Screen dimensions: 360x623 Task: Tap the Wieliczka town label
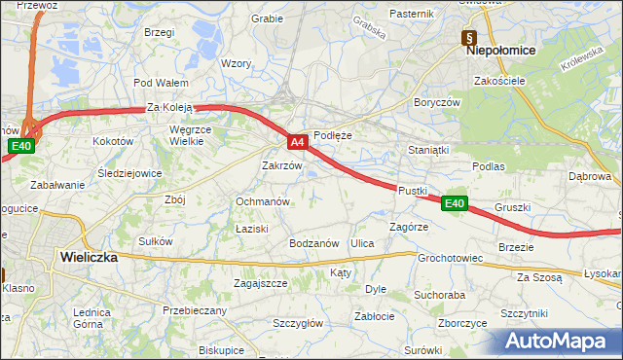[x=89, y=258]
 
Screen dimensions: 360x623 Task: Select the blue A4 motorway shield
[x=299, y=143]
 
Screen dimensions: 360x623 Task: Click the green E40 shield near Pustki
[x=454, y=203]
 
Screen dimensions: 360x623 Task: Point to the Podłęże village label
[x=333, y=136]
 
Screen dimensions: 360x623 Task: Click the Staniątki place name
[x=429, y=151]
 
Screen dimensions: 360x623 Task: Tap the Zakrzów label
[x=282, y=165]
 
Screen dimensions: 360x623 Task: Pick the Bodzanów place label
[x=312, y=243]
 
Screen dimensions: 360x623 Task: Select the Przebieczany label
[x=195, y=310]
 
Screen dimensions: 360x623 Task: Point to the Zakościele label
[x=500, y=81]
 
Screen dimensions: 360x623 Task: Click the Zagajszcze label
[x=260, y=283]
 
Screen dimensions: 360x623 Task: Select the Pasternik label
[x=411, y=14]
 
